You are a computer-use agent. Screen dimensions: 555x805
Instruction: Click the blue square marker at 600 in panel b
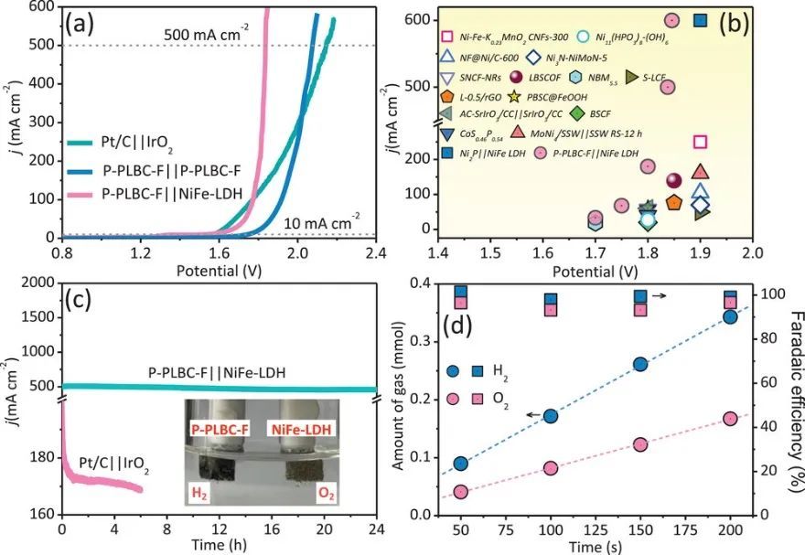[x=701, y=20]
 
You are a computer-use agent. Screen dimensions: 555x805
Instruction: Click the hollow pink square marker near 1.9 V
[x=701, y=141]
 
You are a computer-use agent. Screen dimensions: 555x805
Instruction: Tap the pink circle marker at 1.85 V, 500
[x=668, y=87]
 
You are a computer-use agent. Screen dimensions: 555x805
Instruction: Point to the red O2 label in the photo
[x=323, y=494]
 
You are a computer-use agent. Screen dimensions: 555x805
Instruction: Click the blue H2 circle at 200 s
[x=730, y=317]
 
